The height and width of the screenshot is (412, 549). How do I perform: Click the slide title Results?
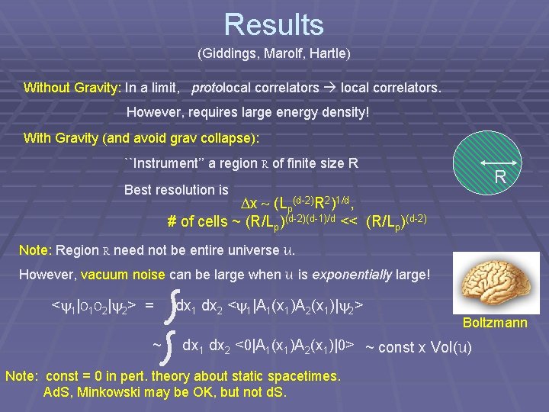point(274,24)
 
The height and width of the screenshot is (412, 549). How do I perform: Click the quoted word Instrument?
point(171,163)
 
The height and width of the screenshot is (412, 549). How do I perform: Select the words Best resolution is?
point(176,189)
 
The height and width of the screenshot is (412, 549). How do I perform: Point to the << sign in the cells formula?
point(351,222)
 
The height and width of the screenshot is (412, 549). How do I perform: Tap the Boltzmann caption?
point(495,323)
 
